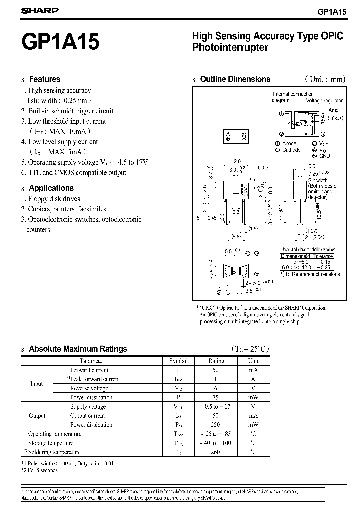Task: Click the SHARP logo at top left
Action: click(40, 10)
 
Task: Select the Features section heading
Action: click(44, 79)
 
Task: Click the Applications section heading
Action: click(51, 188)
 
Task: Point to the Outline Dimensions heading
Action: click(235, 79)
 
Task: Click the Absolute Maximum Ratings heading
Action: click(78, 349)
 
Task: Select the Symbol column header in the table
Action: click(178, 361)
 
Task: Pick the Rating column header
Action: click(216, 361)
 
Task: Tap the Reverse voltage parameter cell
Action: click(89, 388)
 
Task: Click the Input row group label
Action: click(37, 384)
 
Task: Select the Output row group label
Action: click(37, 416)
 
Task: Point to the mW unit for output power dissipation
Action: click(253, 425)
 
